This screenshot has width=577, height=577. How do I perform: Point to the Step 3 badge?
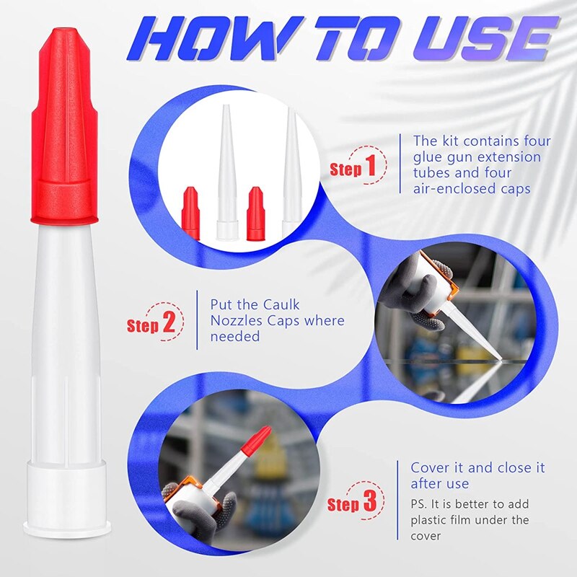click(353, 503)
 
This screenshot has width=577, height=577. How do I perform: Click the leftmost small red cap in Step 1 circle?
click(190, 213)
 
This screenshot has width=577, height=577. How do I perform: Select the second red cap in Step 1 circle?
click(255, 213)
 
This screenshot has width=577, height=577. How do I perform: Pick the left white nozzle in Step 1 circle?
click(227, 173)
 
